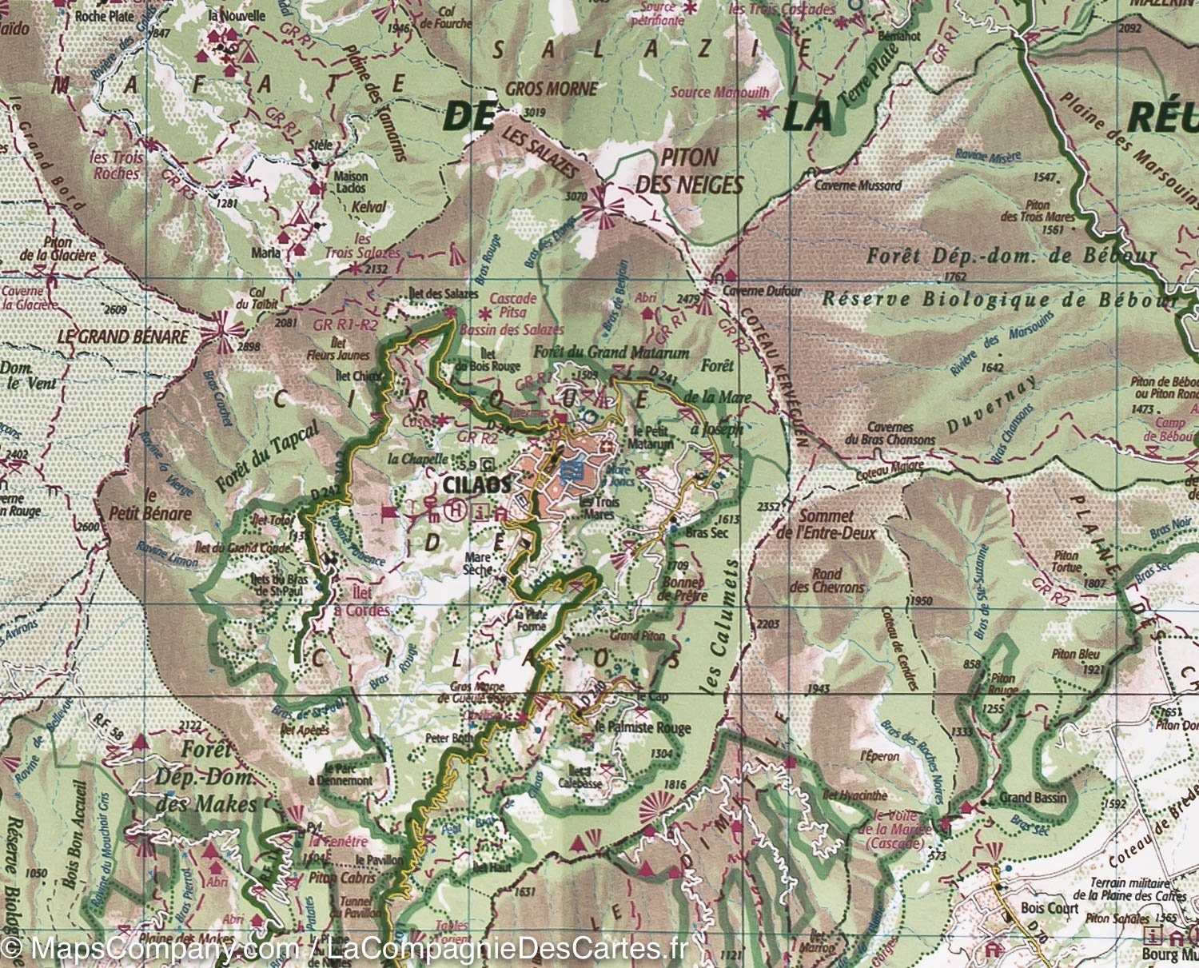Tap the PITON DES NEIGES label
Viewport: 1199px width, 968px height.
688,171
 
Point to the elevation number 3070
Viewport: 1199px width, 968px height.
576,196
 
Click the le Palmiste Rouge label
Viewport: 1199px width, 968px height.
631,727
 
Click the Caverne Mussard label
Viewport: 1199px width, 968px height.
858,185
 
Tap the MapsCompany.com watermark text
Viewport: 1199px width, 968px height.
149,950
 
